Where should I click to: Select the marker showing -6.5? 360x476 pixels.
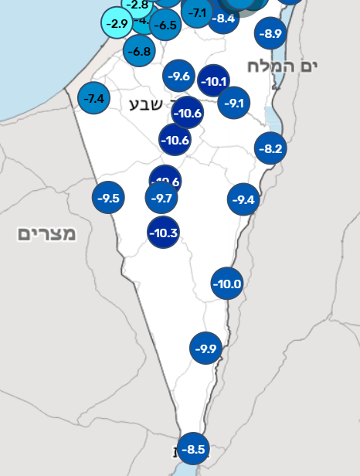pyautogui.click(x=166, y=25)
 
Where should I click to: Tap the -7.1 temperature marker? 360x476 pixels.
pyautogui.click(x=198, y=12)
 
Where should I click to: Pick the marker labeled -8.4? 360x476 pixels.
pyautogui.click(x=222, y=18)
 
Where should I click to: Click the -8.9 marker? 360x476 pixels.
pyautogui.click(x=272, y=33)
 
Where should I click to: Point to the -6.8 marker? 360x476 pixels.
pyautogui.click(x=139, y=51)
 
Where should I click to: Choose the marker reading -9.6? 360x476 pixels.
pyautogui.click(x=179, y=76)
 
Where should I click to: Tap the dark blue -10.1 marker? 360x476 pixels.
pyautogui.click(x=213, y=80)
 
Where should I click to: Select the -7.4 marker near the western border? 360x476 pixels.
pyautogui.click(x=94, y=98)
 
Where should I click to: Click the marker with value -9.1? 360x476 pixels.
pyautogui.click(x=234, y=103)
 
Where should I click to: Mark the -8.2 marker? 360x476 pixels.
pyautogui.click(x=271, y=148)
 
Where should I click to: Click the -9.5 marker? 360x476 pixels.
pyautogui.click(x=109, y=198)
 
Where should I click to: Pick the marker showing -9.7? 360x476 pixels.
pyautogui.click(x=161, y=198)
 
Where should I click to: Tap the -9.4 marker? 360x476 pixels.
pyautogui.click(x=243, y=200)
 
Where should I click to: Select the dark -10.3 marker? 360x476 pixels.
pyautogui.click(x=164, y=233)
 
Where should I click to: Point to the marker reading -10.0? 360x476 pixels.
pyautogui.click(x=228, y=284)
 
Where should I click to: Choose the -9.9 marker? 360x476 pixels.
pyautogui.click(x=206, y=348)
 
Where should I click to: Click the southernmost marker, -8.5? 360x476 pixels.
pyautogui.click(x=193, y=448)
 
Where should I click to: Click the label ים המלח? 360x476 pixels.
pyautogui.click(x=283, y=66)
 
